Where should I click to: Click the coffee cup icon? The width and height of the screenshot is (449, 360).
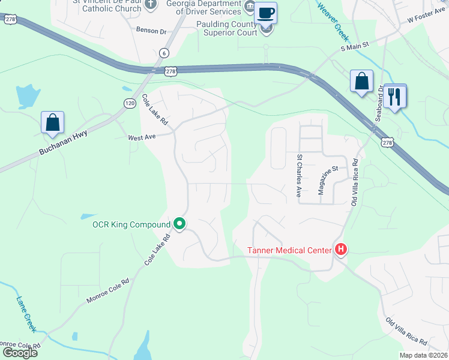click(x=265, y=12)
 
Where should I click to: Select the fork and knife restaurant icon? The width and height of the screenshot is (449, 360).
click(x=394, y=96)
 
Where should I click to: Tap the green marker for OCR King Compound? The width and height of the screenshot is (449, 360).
click(x=179, y=224)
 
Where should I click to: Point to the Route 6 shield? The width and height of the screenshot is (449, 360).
click(x=164, y=53)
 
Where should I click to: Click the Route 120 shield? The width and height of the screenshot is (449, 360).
click(x=130, y=103)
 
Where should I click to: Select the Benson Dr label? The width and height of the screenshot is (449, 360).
click(x=151, y=30)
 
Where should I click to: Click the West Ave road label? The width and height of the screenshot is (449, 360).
click(x=142, y=137)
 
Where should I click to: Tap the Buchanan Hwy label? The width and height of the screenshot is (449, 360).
click(x=63, y=143)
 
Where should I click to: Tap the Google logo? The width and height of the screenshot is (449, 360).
click(x=19, y=353)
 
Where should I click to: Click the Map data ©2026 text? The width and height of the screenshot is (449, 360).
click(x=423, y=355)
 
